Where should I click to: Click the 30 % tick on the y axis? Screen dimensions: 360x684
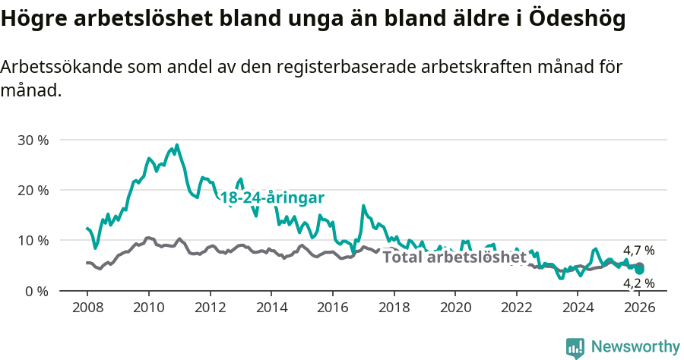(x=32, y=140)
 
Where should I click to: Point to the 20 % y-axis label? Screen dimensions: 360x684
(x=32, y=190)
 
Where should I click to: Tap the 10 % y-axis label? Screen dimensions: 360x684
(x=32, y=240)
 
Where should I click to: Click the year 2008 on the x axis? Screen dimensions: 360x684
(x=87, y=308)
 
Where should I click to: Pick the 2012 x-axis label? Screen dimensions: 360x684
(x=210, y=308)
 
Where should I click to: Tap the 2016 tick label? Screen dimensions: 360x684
(x=332, y=308)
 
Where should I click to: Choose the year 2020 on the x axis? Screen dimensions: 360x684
(x=455, y=308)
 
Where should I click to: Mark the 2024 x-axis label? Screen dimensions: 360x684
(x=578, y=308)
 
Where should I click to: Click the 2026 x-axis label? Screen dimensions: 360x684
(x=640, y=308)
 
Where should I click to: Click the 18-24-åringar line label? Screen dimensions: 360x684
(x=272, y=198)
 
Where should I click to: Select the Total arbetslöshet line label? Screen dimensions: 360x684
(x=454, y=257)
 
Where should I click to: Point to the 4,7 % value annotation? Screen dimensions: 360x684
(x=638, y=251)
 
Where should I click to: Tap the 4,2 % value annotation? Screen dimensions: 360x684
(x=638, y=283)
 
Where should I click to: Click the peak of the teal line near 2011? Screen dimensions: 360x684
(x=177, y=145)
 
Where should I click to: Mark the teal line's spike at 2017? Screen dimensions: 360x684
(x=363, y=206)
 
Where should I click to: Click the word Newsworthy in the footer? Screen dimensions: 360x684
(x=635, y=347)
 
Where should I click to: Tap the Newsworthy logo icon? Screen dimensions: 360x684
(x=575, y=348)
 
